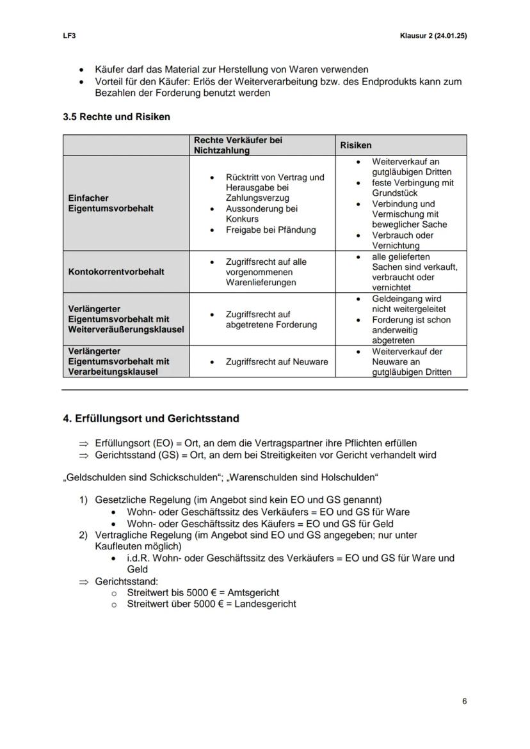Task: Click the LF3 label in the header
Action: pyautogui.click(x=69, y=36)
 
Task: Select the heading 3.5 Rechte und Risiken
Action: pyautogui.click(x=116, y=117)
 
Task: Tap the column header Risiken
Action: pyautogui.click(x=356, y=145)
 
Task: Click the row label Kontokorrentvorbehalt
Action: pyautogui.click(x=116, y=272)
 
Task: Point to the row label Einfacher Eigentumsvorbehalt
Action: pyautogui.click(x=110, y=203)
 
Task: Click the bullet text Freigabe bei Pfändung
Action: pyautogui.click(x=271, y=230)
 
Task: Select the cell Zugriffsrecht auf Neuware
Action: pyautogui.click(x=277, y=362)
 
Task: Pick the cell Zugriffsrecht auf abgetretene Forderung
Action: pyautogui.click(x=271, y=319)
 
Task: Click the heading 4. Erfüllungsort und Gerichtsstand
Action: pyautogui.click(x=151, y=418)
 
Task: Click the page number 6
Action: pyautogui.click(x=464, y=701)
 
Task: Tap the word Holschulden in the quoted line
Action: pyautogui.click(x=351, y=478)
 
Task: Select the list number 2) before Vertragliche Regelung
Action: pyautogui.click(x=83, y=535)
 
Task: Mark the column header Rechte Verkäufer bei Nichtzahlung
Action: pyautogui.click(x=238, y=145)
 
